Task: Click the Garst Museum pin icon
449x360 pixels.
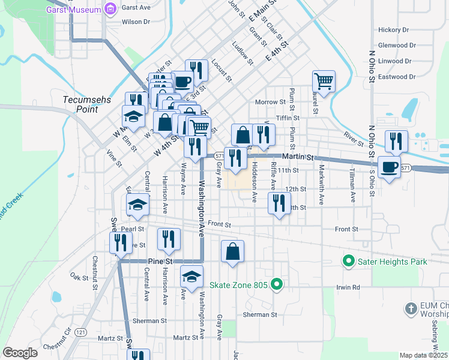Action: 110,8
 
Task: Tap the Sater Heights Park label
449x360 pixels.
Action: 392,262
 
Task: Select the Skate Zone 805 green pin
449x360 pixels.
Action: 276,284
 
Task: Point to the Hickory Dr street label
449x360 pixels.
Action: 393,29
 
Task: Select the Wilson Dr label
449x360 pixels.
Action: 136,22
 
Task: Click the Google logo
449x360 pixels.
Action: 20,352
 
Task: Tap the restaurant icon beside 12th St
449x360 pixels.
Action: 278,202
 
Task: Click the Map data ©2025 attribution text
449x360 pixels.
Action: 424,355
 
